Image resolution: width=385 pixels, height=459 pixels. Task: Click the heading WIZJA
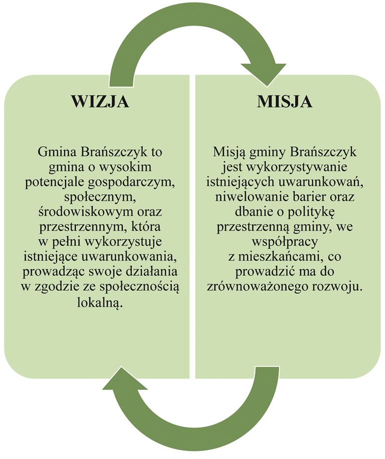(100, 102)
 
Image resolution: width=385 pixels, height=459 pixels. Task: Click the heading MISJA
(285, 102)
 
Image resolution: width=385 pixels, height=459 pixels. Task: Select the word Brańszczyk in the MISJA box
(324, 153)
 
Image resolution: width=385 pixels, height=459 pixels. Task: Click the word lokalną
(100, 302)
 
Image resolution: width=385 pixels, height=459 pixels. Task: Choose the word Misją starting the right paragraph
(229, 153)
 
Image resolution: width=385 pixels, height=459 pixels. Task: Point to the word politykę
(311, 212)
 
